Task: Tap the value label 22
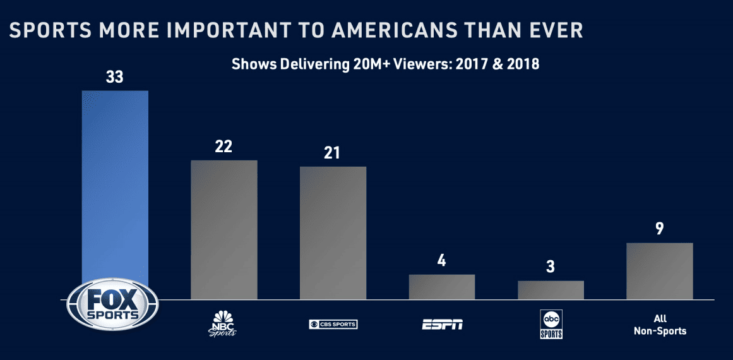pos(223,147)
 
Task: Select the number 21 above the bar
pos(333,153)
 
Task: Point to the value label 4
pos(442,261)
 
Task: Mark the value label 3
pos(551,267)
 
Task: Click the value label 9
pos(659,229)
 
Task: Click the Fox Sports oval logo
pos(113,304)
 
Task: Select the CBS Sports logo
pos(333,325)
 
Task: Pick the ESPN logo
pos(442,325)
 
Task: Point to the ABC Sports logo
pos(551,324)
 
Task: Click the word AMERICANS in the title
pos(392,30)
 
